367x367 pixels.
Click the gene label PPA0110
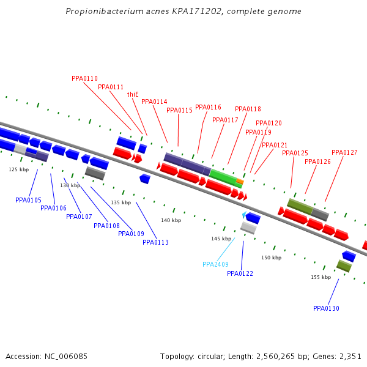(x=84, y=78)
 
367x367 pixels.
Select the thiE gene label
(x=133, y=94)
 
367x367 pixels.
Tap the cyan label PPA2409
(x=215, y=264)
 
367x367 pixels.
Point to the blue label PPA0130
(x=326, y=308)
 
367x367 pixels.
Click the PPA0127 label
(x=344, y=152)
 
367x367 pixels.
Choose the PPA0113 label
(x=155, y=242)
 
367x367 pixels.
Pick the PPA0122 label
(x=240, y=273)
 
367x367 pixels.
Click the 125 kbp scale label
(x=18, y=169)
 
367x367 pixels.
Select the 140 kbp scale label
(x=171, y=220)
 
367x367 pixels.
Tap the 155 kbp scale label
(x=321, y=277)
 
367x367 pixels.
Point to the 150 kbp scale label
(x=271, y=258)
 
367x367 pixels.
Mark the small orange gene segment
(x=240, y=182)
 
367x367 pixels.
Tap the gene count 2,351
(x=349, y=356)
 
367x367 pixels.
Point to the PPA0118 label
(x=248, y=109)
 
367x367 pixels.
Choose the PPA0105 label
(x=28, y=200)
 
